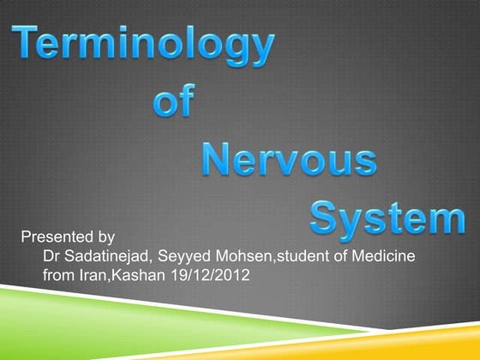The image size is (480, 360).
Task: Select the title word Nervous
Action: click(x=291, y=160)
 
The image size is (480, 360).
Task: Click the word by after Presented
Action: click(x=102, y=235)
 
